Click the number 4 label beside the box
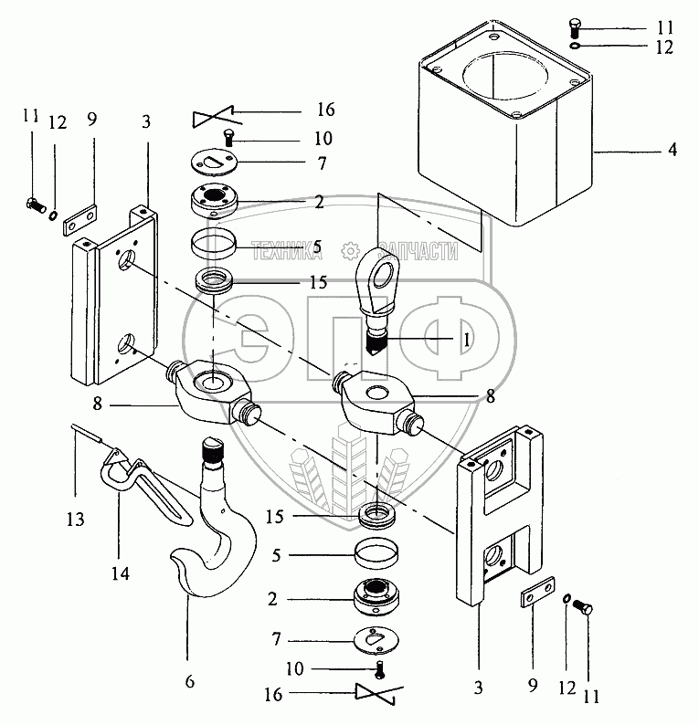pos(672,150)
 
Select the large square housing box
pos(504,123)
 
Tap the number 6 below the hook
pos(190,681)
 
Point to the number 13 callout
pos(76,520)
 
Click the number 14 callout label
pos(121,573)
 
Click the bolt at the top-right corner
pos(575,28)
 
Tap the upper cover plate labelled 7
pos(214,163)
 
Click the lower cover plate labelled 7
pos(376,640)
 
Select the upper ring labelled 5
pos(214,244)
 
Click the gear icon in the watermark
pos(350,251)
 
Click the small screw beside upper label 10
pos(228,137)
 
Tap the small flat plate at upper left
pos(80,220)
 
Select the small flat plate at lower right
pos(537,592)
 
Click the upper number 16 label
pos(326,110)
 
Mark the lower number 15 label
pos(274,517)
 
